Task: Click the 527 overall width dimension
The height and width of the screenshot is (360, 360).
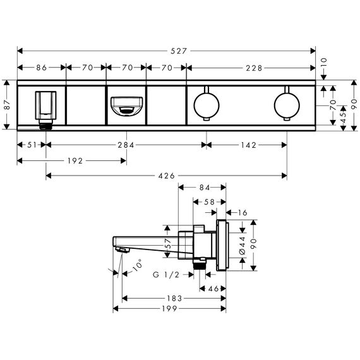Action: click(179, 51)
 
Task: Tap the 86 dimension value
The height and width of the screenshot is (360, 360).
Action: click(42, 68)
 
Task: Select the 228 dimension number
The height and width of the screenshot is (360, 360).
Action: click(254, 68)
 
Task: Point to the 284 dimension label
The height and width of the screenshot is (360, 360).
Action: click(126, 145)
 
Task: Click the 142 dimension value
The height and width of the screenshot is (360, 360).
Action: click(249, 145)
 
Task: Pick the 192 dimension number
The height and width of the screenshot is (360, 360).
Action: click(75, 161)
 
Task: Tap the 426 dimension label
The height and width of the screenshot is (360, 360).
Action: click(167, 176)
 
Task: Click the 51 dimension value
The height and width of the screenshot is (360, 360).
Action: click(32, 145)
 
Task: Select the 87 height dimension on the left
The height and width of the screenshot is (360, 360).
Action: click(8, 105)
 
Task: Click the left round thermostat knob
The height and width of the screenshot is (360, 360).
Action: click(207, 105)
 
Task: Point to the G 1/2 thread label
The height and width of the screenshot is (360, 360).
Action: click(166, 275)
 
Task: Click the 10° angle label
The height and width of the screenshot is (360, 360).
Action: click(138, 265)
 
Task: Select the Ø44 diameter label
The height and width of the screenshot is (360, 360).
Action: click(243, 246)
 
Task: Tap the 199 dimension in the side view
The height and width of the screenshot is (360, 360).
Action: click(170, 309)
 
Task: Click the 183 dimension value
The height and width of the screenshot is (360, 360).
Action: click(174, 299)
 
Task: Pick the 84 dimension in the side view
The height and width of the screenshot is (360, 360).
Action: click(205, 188)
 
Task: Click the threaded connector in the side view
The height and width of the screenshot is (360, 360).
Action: click(199, 264)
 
